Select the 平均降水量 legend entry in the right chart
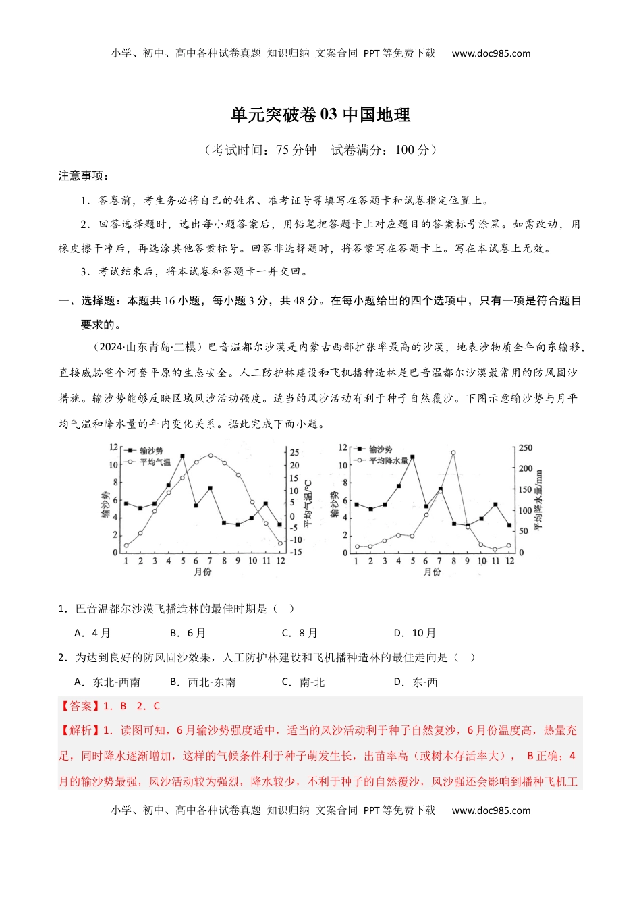388,460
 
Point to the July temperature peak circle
210,455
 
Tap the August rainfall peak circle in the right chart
453,453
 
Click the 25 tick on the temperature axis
295,452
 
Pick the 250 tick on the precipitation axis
526,448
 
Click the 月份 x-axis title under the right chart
432,572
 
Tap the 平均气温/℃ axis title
308,503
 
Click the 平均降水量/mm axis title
538,500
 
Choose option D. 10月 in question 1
415,633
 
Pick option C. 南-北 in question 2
303,682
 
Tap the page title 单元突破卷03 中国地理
320,115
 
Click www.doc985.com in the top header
491,53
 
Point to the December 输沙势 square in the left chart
280,524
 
